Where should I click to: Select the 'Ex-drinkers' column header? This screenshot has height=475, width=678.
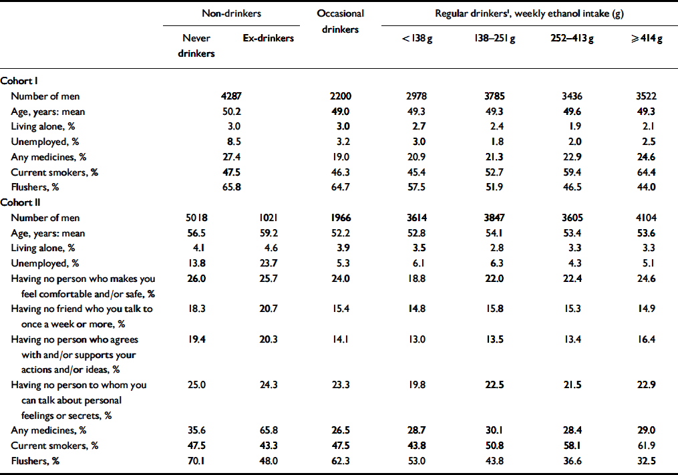pos(268,39)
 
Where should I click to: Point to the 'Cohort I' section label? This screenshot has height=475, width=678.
pos(20,82)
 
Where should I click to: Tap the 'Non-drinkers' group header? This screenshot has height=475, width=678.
pos(232,13)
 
